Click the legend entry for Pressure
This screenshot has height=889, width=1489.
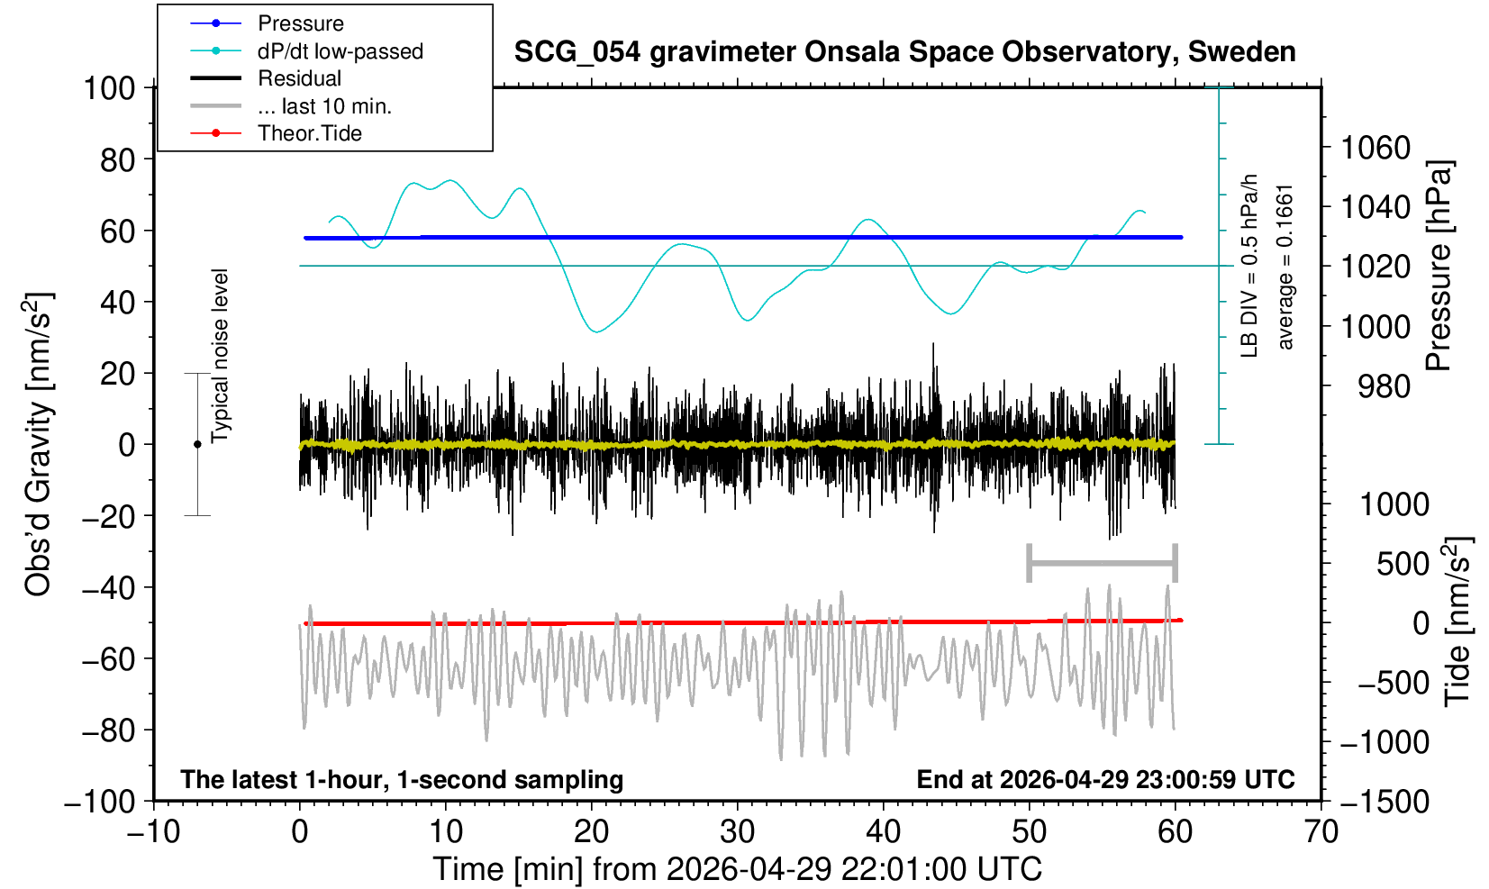pyautogui.click(x=301, y=23)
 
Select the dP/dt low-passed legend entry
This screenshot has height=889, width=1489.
pyautogui.click(x=340, y=51)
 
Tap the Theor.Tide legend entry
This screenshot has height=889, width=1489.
pyautogui.click(x=310, y=133)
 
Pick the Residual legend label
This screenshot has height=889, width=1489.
pyautogui.click(x=299, y=78)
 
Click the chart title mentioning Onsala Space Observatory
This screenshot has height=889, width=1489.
pyautogui.click(x=904, y=52)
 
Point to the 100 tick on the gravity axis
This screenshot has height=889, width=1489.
pyautogui.click(x=109, y=88)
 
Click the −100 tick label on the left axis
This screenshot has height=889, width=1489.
pyautogui.click(x=100, y=802)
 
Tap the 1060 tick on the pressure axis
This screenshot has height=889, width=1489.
pyautogui.click(x=1376, y=148)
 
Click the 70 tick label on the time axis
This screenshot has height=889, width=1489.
pyautogui.click(x=1321, y=832)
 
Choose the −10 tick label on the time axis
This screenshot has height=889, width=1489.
pyautogui.click(x=153, y=832)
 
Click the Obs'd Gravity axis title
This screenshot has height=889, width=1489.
pyautogui.click(x=38, y=444)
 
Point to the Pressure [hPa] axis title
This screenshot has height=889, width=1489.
pyautogui.click(x=1439, y=266)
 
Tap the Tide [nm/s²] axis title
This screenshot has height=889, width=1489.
pyautogui.click(x=1457, y=622)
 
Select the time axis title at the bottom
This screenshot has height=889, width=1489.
pyautogui.click(x=737, y=870)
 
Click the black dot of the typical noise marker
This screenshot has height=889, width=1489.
pyautogui.click(x=197, y=444)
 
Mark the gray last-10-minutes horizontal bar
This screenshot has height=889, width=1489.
pyautogui.click(x=1103, y=563)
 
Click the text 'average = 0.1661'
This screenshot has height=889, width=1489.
pyautogui.click(x=1285, y=268)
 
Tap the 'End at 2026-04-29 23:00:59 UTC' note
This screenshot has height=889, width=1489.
pyautogui.click(x=1105, y=779)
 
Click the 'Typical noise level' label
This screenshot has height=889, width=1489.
pyautogui.click(x=220, y=356)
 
